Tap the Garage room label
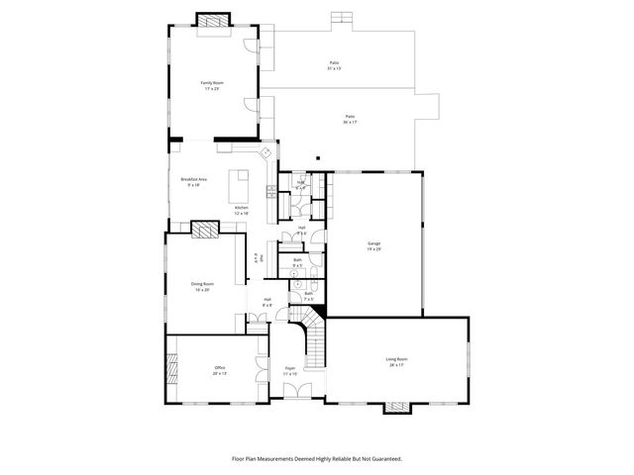pos(373,245)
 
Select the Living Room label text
pos(396,361)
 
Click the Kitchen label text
pos(241,210)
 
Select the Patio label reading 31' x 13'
pos(336,65)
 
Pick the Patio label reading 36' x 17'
pos(350,119)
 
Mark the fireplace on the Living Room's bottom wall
pos(396,406)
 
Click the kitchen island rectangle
pos(240,185)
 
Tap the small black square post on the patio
pos(317,157)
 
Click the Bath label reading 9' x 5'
pos(297,262)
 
